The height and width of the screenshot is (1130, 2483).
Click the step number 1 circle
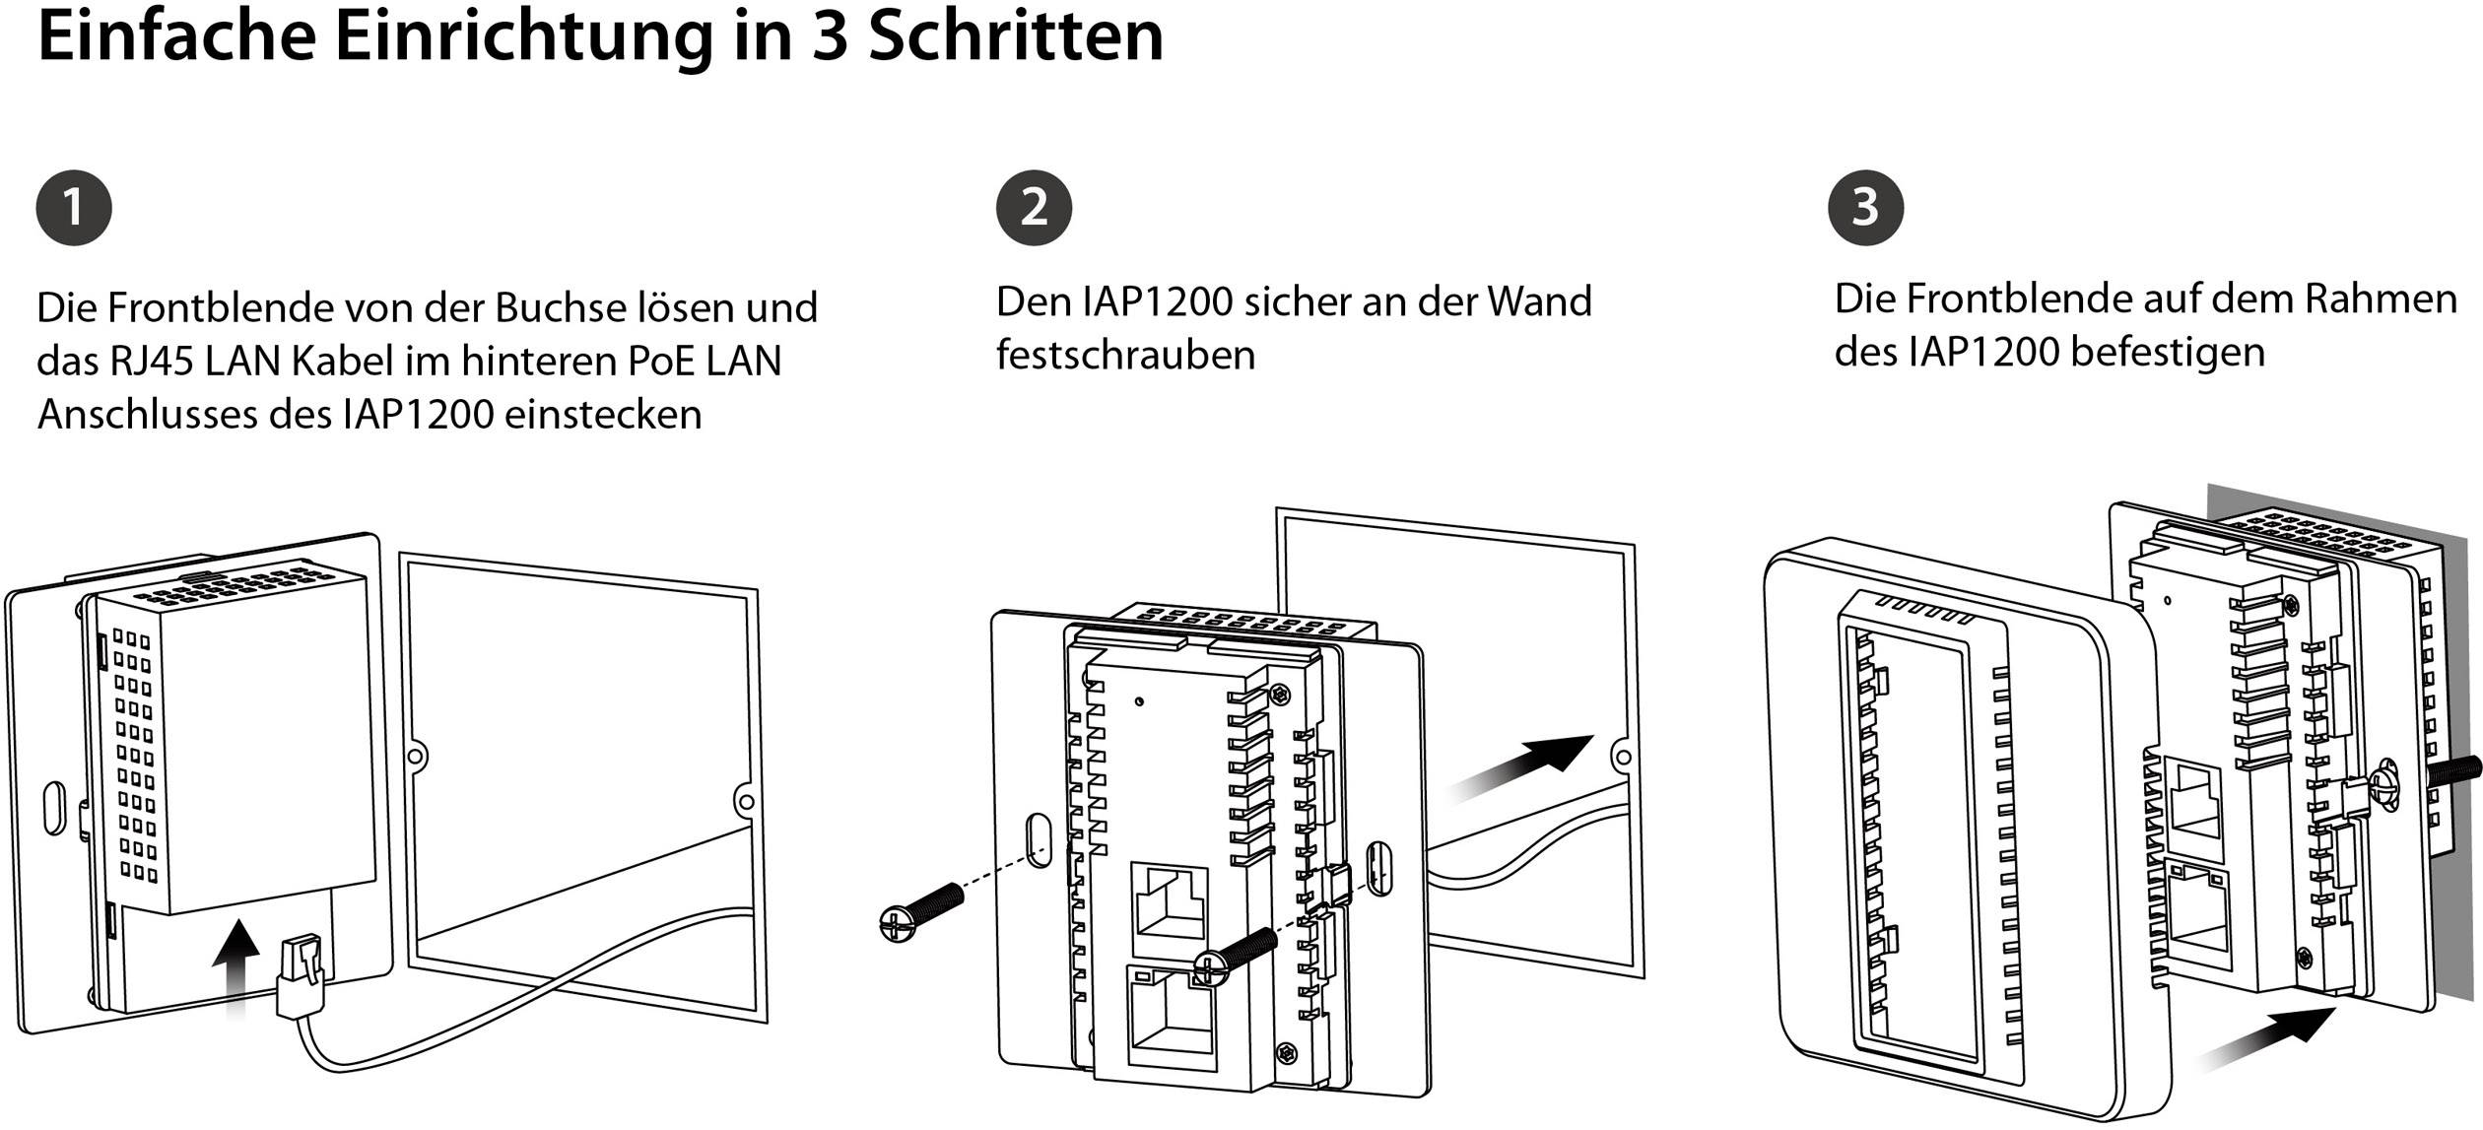point(74,209)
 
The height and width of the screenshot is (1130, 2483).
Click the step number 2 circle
point(1034,208)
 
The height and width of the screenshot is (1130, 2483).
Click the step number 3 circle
point(1865,208)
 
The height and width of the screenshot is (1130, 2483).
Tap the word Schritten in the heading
point(1016,37)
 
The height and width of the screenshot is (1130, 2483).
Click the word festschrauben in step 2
point(1125,355)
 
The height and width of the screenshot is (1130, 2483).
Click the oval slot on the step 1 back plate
point(55,809)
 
